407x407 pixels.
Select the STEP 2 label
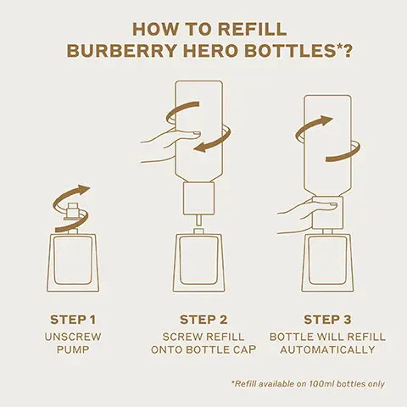(203, 320)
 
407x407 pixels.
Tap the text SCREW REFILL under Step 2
(203, 337)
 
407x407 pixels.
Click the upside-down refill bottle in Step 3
(327, 140)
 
